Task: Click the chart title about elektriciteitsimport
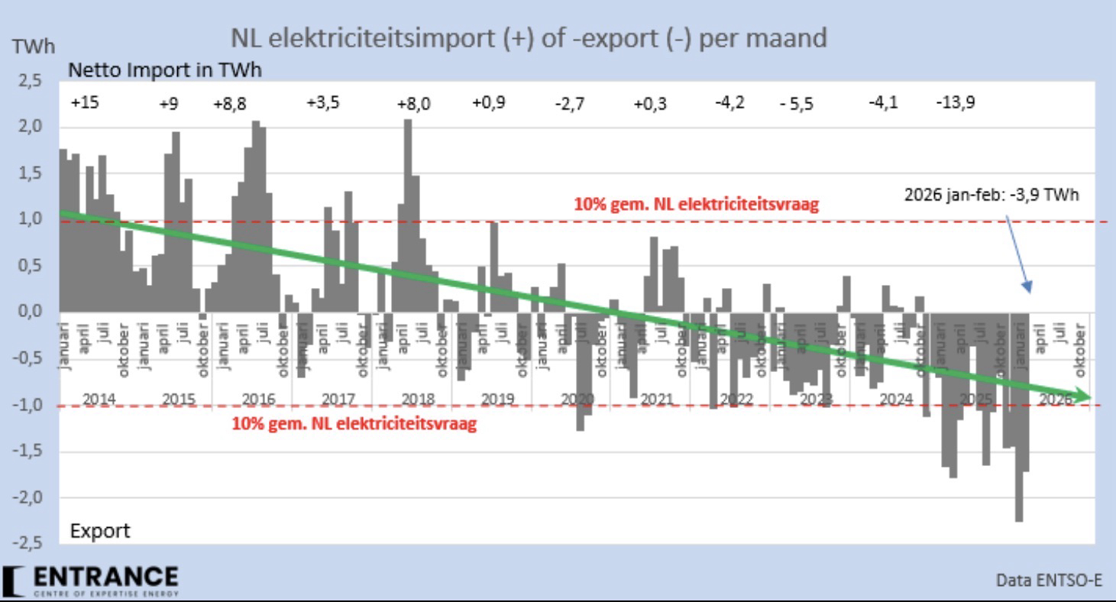529,38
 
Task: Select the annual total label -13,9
955,103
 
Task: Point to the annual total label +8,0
413,105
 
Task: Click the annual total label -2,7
569,105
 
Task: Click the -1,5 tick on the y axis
27,451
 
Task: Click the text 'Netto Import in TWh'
165,70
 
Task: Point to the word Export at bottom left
100,529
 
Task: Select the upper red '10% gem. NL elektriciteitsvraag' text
695,205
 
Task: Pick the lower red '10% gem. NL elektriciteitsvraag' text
354,424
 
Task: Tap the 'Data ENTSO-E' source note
1050,581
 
